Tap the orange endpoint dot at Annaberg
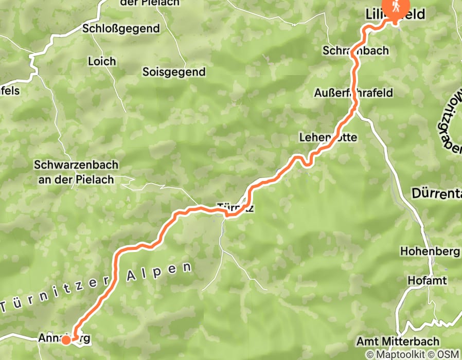tap(66, 340)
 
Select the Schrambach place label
tap(356, 50)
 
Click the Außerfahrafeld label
tap(353, 93)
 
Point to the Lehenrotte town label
tap(328, 137)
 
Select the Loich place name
tap(102, 61)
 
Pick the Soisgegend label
tap(173, 72)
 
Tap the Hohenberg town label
tap(430, 251)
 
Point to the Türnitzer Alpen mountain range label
tap(98, 288)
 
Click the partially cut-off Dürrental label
tap(437, 193)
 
